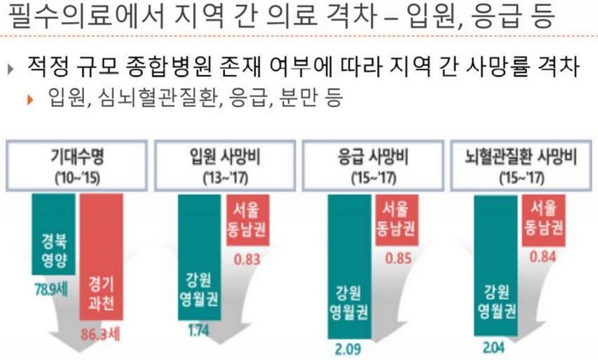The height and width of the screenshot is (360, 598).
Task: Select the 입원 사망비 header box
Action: [224, 165]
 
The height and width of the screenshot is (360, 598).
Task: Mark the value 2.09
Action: [346, 348]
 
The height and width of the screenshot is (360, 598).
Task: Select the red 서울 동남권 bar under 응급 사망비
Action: [395, 218]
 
